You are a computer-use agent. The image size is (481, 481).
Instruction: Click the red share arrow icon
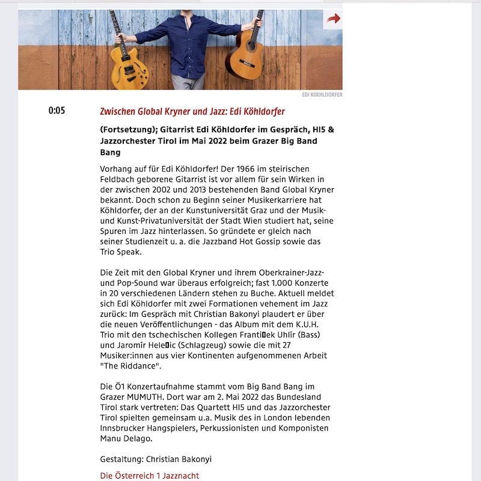pos(333,19)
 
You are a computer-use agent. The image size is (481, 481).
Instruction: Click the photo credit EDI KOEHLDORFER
pos(322,95)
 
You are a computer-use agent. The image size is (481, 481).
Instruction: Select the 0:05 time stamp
pos(57,111)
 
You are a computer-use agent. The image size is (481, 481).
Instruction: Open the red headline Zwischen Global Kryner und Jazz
pos(192,112)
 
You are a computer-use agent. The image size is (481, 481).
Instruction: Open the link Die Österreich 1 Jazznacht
pos(149,476)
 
